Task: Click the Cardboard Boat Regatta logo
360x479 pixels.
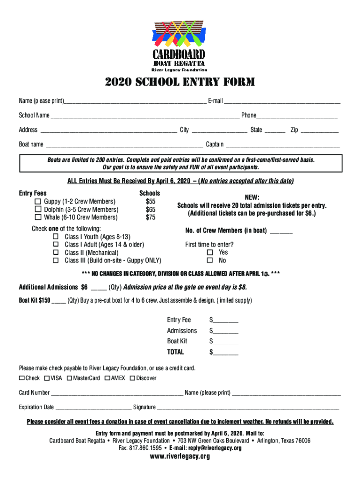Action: pos(180,45)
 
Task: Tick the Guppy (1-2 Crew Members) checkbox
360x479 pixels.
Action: pos(38,202)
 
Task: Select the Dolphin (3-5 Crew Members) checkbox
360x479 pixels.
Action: pos(38,210)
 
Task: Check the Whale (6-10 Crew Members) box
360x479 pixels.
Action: pos(38,218)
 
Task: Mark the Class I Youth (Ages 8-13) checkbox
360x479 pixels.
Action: pos(56,237)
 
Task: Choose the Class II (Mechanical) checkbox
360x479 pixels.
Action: pos(56,253)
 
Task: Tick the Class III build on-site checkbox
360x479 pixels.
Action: pos(56,261)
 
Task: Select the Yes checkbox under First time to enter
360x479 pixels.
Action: pos(210,253)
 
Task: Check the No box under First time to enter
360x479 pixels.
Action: pos(210,261)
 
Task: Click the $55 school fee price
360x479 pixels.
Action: pos(151,202)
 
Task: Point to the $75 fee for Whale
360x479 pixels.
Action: pos(151,218)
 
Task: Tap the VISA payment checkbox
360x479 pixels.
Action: pos(47,378)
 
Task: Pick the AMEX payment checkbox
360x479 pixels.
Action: pos(108,378)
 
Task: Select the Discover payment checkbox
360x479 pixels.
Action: pos(132,378)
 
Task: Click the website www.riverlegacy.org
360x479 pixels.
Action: pos(180,457)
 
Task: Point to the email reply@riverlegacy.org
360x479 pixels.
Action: pos(212,448)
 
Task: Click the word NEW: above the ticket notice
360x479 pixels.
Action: pos(252,197)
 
